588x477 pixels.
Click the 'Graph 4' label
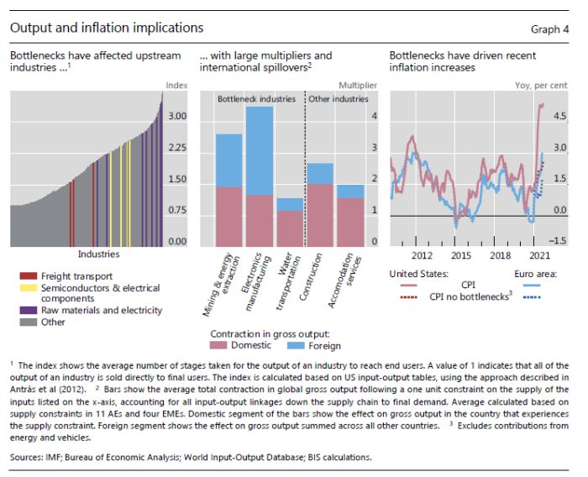pyautogui.click(x=550, y=29)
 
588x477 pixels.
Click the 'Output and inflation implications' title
pyautogui.click(x=107, y=29)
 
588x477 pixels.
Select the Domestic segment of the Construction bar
pyautogui.click(x=319, y=214)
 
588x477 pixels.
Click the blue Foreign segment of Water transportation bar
pyautogui.click(x=290, y=204)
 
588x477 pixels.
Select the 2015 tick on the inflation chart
pyautogui.click(x=460, y=254)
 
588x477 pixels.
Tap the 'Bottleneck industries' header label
pyautogui.click(x=256, y=98)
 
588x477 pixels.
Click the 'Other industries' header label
pyautogui.click(x=337, y=98)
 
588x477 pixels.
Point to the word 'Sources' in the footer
pyautogui.click(x=29, y=458)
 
